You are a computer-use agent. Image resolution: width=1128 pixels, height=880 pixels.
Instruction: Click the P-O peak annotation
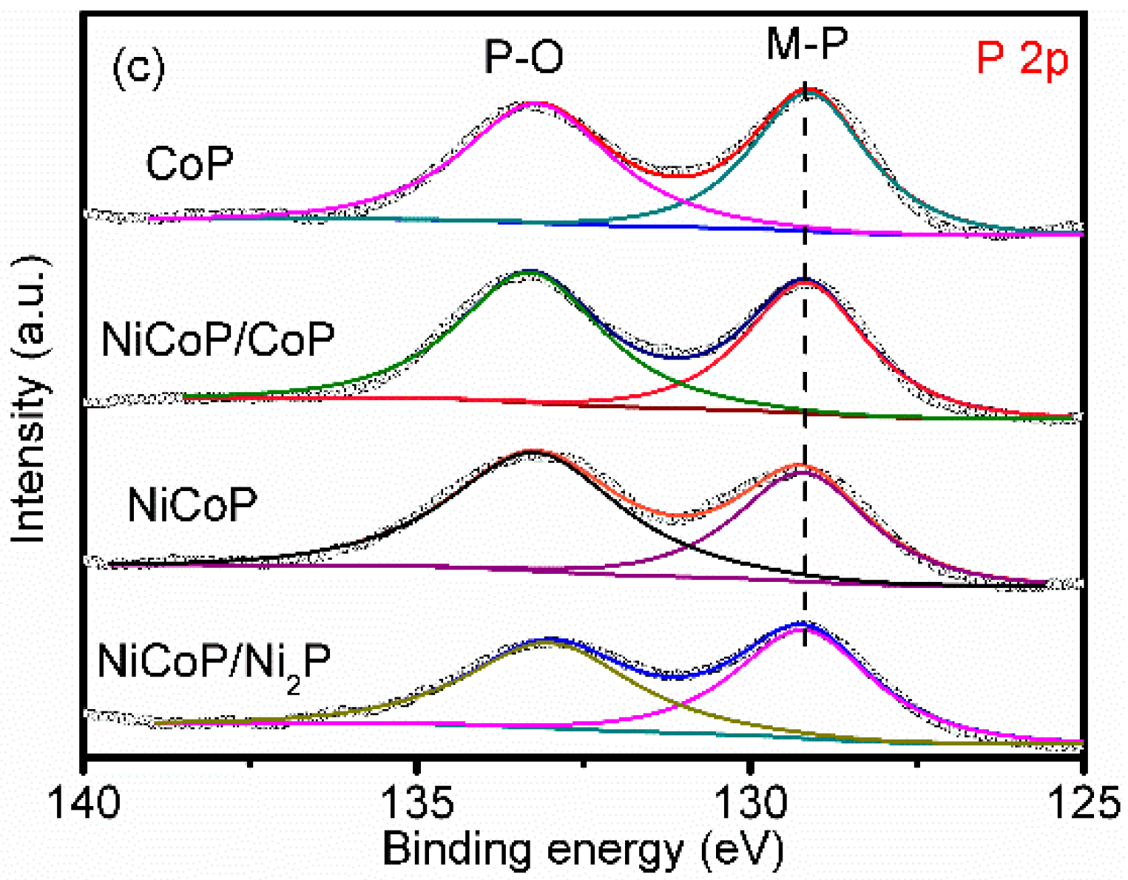tap(523, 57)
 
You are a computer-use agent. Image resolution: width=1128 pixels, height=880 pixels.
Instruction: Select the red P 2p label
tap(1022, 58)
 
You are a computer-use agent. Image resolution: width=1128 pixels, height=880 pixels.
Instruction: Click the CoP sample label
tap(189, 163)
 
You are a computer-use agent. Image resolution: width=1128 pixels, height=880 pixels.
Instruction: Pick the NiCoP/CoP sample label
tap(217, 339)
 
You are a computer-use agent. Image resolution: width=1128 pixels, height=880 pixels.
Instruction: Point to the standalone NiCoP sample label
tap(192, 506)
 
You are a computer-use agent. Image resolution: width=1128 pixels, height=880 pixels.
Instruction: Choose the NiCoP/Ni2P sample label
tap(214, 663)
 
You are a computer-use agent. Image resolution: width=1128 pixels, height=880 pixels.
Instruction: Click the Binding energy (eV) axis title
tap(583, 849)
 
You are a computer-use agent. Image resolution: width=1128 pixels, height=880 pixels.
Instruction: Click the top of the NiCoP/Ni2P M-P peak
tap(802, 623)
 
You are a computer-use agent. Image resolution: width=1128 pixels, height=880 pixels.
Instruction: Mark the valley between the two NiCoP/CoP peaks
tap(677, 357)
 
